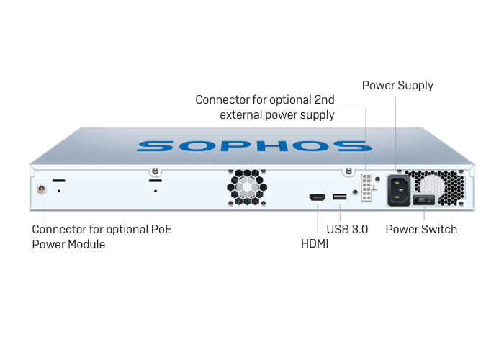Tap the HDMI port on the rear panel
pyautogui.click(x=317, y=197)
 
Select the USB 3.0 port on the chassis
pyautogui.click(x=339, y=197)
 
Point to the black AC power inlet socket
pyautogui.click(x=399, y=189)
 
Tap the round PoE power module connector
pyautogui.click(x=41, y=191)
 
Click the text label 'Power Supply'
pyautogui.click(x=397, y=86)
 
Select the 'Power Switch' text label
pyautogui.click(x=421, y=230)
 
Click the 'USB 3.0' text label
pyautogui.click(x=347, y=230)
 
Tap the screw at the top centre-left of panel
pyautogui.click(x=155, y=171)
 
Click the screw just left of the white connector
pyautogui.click(x=349, y=171)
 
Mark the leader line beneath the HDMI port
pyautogui.click(x=317, y=219)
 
